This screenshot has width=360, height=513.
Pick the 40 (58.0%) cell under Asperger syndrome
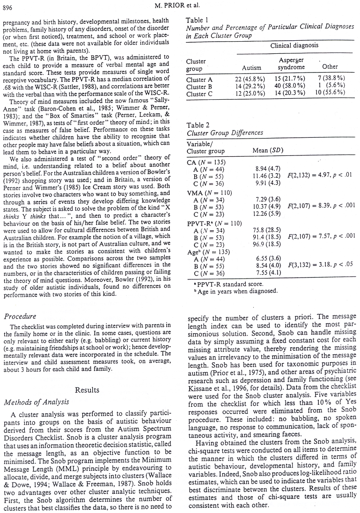click(x=291, y=86)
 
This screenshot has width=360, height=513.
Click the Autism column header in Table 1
click(x=250, y=67)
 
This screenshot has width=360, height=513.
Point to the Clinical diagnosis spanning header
click(x=294, y=45)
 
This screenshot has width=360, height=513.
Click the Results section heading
click(x=88, y=389)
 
